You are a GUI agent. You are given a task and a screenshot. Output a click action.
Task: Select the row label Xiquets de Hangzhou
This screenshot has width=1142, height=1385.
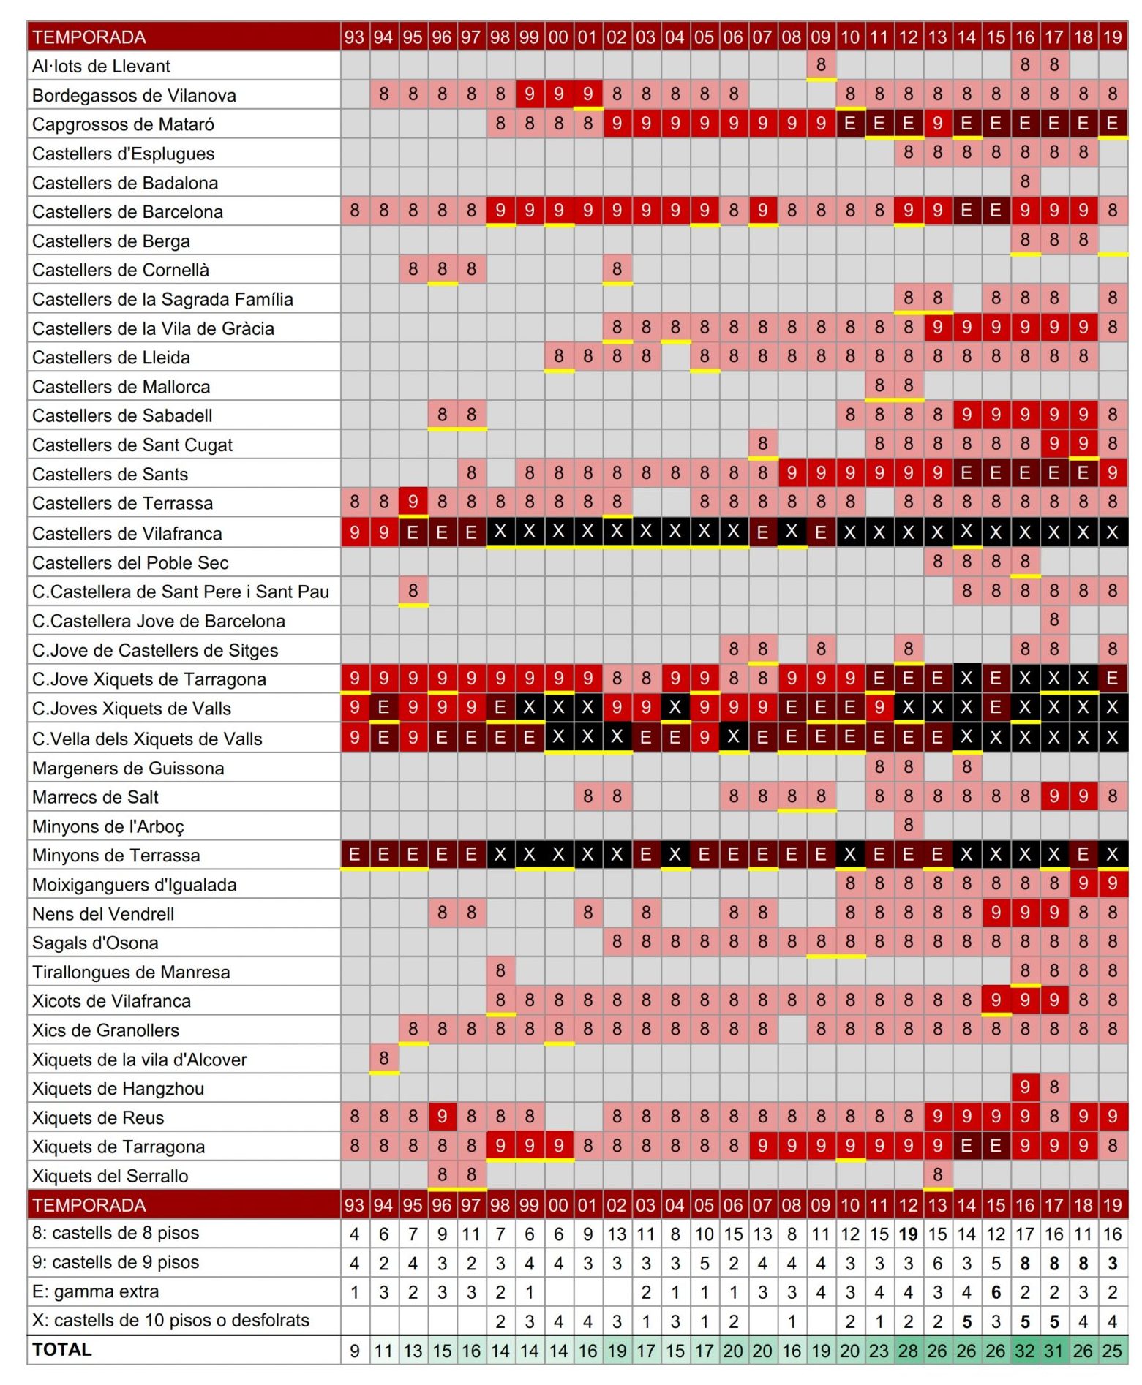coord(118,1088)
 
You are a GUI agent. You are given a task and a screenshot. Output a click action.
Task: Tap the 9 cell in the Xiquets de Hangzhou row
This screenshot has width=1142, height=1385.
coord(1024,1087)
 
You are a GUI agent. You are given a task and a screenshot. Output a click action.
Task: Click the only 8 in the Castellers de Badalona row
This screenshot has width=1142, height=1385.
coord(1024,181)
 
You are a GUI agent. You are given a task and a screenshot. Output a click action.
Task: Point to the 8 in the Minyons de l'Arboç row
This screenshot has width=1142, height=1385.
coord(908,825)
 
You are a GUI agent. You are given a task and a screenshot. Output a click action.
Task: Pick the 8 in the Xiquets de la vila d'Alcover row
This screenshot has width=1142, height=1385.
coord(383,1058)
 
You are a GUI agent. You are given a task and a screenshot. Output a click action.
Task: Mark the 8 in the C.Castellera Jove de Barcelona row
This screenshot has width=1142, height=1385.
coord(1053,620)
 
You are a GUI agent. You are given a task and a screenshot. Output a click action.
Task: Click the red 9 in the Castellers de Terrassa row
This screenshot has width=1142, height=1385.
coord(413,502)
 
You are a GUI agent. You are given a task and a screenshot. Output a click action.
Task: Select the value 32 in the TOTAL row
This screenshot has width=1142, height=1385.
coord(1024,1351)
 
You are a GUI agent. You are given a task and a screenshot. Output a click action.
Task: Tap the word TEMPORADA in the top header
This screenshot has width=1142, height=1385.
coord(89,37)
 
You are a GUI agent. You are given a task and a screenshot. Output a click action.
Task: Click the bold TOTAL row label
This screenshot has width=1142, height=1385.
coord(62,1350)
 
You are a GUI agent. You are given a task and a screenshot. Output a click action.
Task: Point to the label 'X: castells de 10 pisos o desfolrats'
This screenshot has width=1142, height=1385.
coord(170,1321)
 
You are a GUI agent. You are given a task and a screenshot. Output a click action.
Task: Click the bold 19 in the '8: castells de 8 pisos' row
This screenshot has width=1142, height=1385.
coord(908,1234)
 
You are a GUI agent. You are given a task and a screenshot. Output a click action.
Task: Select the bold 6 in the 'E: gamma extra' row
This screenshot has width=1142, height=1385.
coord(995,1292)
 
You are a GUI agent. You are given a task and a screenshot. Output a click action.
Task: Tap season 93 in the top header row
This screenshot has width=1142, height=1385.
coord(354,37)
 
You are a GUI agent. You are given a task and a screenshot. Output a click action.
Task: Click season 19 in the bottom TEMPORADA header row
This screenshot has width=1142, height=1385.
coord(1112,1205)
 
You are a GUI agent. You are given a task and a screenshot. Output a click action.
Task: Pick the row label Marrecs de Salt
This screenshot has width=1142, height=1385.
coord(95,797)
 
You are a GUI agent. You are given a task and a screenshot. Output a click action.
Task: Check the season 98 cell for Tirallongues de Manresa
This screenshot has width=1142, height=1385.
coord(500,970)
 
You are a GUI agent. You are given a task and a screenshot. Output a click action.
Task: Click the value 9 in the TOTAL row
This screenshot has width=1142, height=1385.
coord(354,1351)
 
